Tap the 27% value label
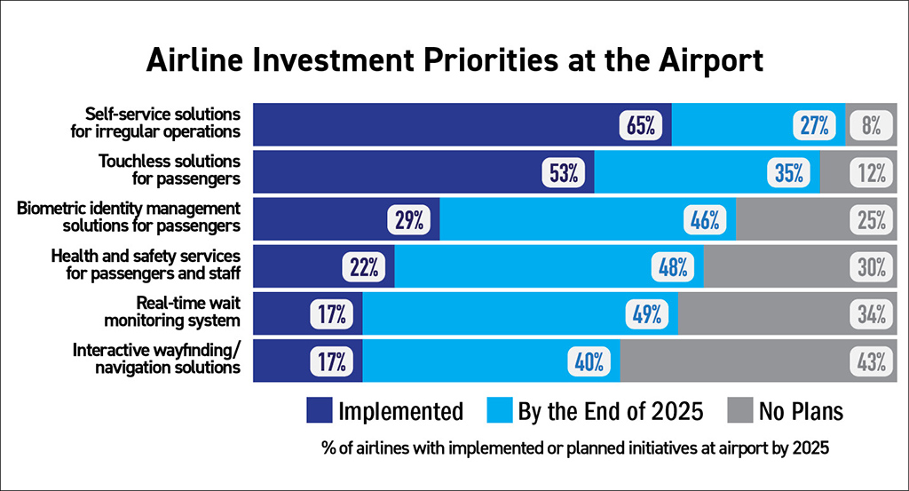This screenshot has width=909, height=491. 813,125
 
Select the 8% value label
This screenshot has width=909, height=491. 870,125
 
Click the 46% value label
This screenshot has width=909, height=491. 705,220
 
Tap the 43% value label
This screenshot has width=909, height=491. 870,361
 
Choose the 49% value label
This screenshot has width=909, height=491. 646,314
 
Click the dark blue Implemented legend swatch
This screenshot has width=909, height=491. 319,410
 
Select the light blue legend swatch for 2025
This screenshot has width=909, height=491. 501,410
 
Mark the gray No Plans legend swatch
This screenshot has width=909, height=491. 741,410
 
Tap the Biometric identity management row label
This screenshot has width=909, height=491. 130,217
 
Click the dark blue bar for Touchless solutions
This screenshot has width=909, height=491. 399,173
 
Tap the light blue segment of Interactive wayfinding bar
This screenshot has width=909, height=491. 470,361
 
